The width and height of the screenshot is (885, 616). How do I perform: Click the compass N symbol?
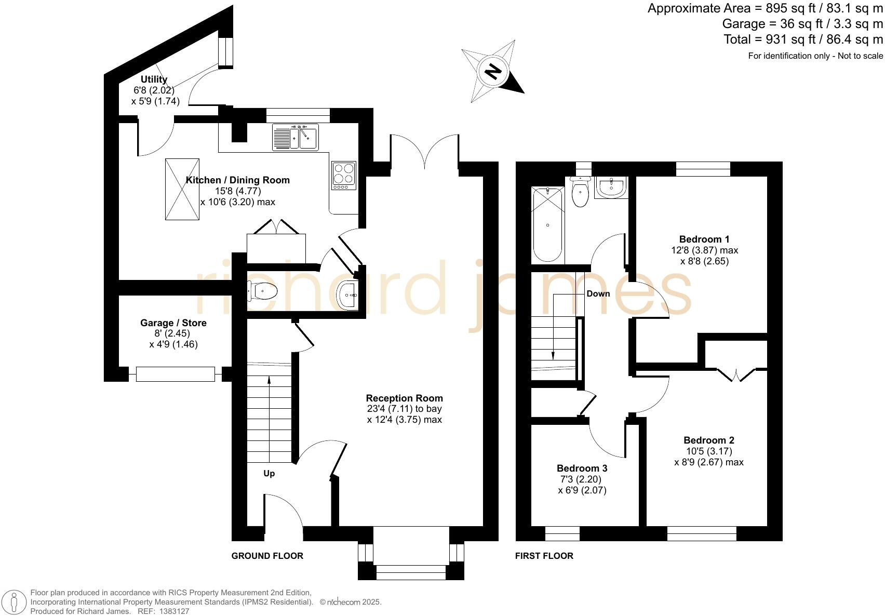[493, 72]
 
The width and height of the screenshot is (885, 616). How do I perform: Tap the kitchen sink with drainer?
[295, 137]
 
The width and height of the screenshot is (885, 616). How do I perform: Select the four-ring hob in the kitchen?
[344, 176]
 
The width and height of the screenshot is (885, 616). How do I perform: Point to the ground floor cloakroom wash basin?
[347, 295]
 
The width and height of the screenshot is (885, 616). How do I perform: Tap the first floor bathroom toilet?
[580, 192]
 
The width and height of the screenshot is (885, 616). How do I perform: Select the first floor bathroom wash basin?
[611, 188]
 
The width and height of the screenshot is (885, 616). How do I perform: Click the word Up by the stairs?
[269, 473]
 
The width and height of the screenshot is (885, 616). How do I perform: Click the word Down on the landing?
[598, 293]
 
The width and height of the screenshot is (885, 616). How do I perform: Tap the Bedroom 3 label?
[582, 468]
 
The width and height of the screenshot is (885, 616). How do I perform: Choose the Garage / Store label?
[173, 323]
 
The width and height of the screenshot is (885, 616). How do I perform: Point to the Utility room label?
[154, 79]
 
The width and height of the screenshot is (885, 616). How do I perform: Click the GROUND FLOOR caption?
[267, 556]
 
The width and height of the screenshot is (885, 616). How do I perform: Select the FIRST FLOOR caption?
[544, 556]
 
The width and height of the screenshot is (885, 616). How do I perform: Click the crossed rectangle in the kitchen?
[182, 189]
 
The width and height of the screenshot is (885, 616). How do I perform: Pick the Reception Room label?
[404, 398]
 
